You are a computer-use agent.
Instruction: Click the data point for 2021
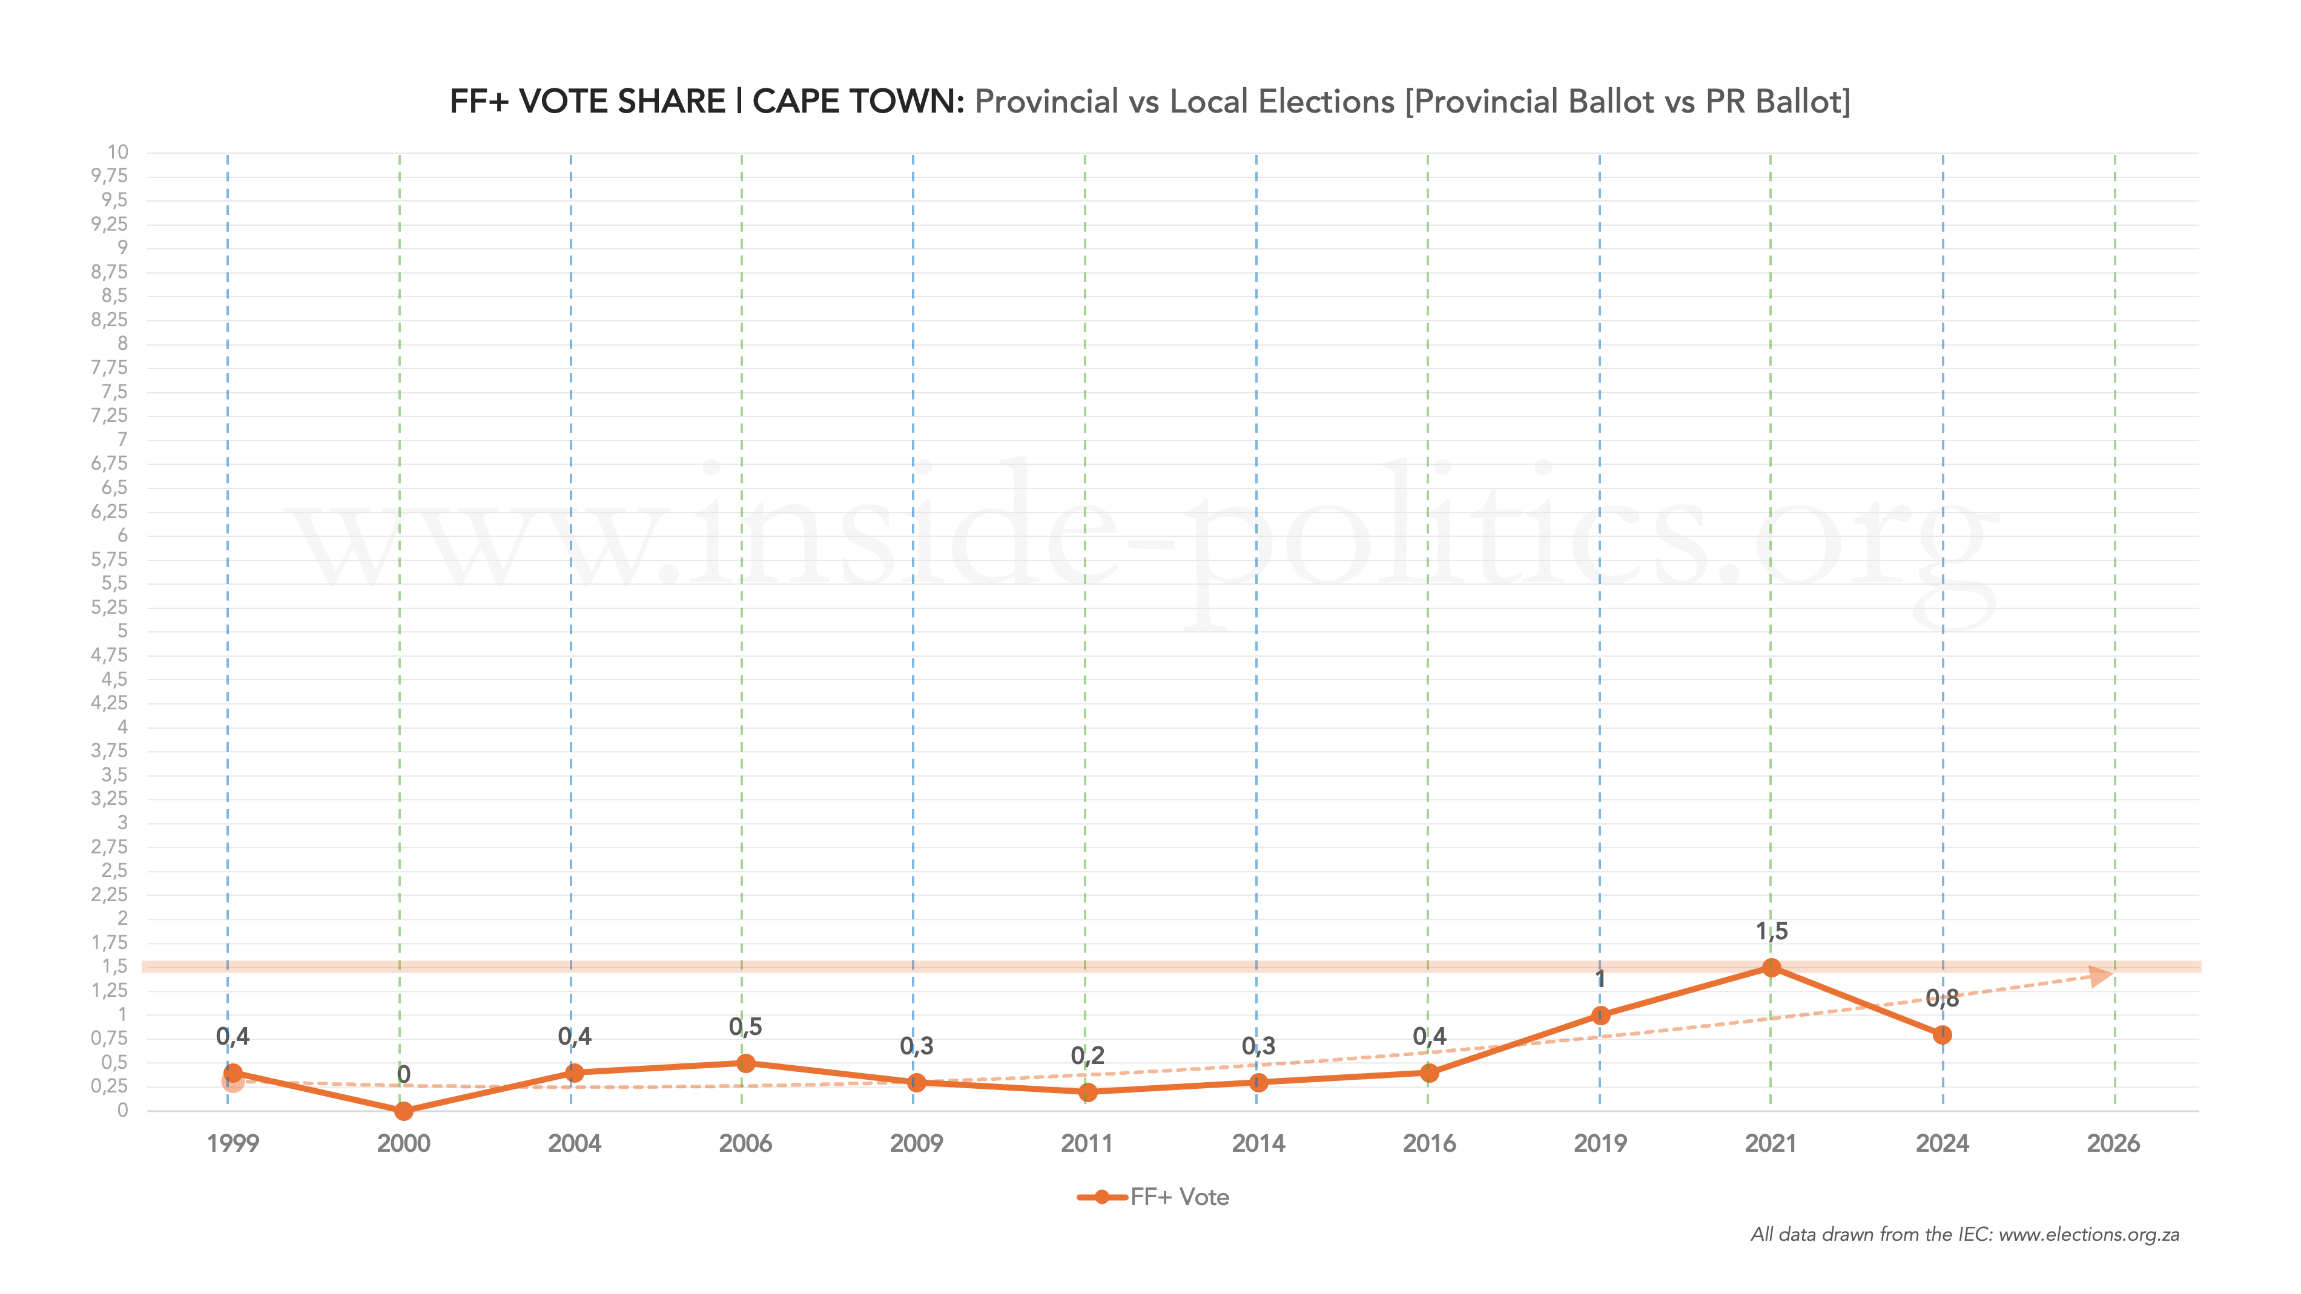(1771, 967)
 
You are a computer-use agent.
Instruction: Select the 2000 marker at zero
(404, 1111)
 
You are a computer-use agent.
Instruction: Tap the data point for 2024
(1942, 1035)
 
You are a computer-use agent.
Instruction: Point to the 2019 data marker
(1600, 1016)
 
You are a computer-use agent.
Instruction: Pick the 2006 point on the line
(746, 1063)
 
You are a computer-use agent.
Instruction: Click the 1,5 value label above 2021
(1771, 931)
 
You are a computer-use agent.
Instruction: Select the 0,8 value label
(1942, 999)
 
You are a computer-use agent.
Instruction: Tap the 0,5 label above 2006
(746, 1027)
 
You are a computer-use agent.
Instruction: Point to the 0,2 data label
(1087, 1056)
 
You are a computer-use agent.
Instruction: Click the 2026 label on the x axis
(2113, 1143)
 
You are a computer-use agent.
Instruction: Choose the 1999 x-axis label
(233, 1143)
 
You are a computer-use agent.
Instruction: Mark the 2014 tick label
(1258, 1143)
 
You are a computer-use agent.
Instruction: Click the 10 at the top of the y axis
(118, 152)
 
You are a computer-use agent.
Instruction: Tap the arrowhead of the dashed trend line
(2101, 975)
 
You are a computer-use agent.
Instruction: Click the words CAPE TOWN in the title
(857, 102)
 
